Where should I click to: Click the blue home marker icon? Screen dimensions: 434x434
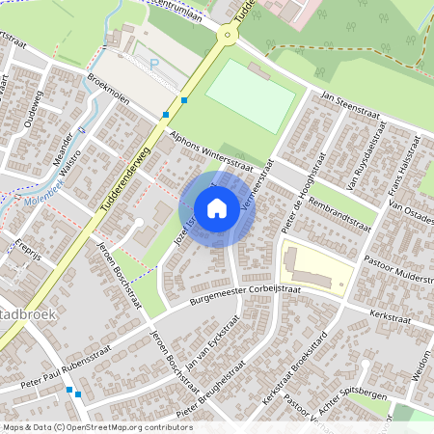[x=217, y=208]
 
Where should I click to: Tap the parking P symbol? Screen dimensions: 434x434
[x=154, y=64]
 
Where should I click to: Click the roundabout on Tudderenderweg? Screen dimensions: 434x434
[x=228, y=35]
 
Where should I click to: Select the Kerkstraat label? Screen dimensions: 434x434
[x=391, y=315]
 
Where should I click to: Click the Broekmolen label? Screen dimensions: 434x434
[x=108, y=90]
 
